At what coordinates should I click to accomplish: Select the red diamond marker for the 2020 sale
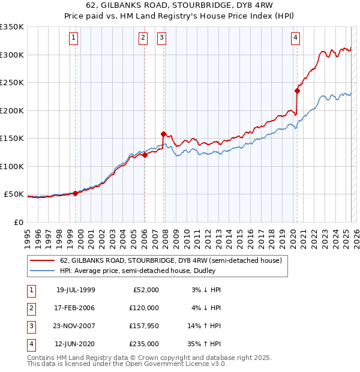(297, 91)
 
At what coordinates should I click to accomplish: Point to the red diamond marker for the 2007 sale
(163, 134)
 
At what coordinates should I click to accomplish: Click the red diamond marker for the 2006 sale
(145, 155)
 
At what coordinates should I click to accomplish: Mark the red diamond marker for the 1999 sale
(75, 193)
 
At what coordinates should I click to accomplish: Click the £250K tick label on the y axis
(12, 83)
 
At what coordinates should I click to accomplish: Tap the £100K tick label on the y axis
(12, 166)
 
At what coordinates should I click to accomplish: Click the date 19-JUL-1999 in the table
(76, 290)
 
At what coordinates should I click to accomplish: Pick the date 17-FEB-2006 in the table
(76, 308)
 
